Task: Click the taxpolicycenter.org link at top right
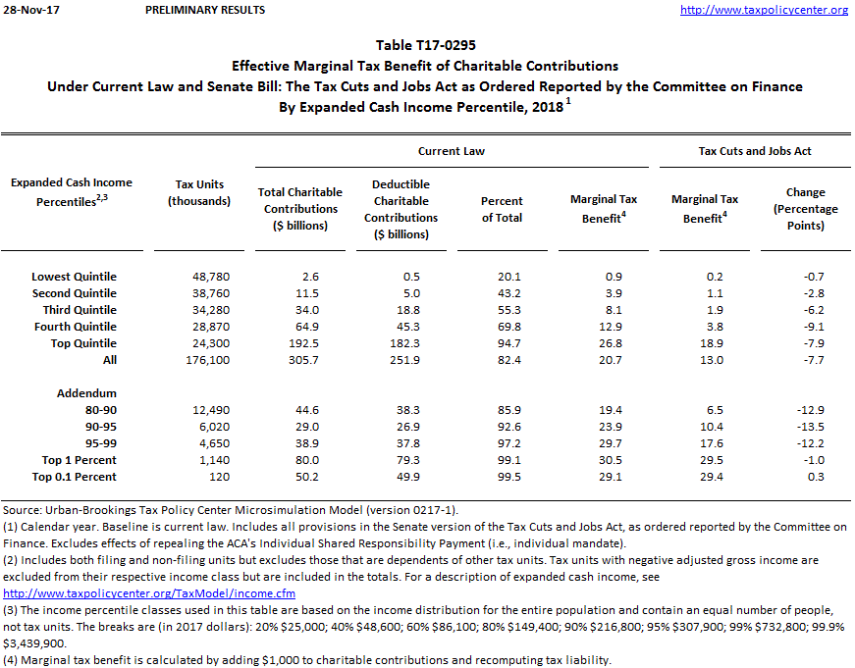(764, 10)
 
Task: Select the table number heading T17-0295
(425, 46)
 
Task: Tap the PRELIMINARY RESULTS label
(204, 10)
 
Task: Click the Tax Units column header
(199, 192)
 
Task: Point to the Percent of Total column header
(502, 209)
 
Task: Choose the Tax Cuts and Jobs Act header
(755, 151)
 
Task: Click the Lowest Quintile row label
(74, 277)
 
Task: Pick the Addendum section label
(88, 393)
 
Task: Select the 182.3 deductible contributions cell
(404, 343)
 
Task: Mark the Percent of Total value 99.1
(502, 460)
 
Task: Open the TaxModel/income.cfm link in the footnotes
(149, 593)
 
